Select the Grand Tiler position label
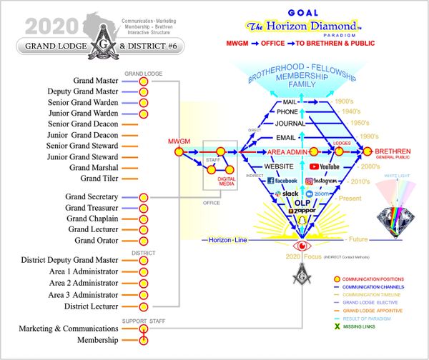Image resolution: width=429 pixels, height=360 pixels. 99,179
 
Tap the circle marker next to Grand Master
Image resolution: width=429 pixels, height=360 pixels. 144,81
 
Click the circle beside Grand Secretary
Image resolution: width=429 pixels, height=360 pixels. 144,196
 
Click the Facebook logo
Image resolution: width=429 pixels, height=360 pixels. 282,181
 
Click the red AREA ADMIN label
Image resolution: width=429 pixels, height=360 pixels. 287,152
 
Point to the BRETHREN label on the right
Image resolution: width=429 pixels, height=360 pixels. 392,152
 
